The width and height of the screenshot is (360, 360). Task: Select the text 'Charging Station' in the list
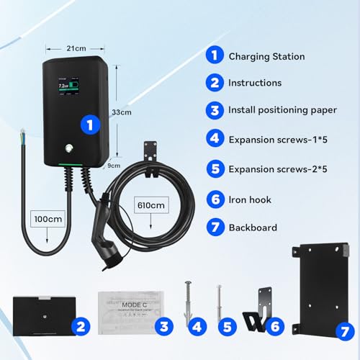tap(266, 56)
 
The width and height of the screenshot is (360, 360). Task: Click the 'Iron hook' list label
tap(250, 199)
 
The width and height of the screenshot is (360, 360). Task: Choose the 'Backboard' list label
tap(253, 228)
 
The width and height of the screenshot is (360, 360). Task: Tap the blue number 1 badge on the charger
tap(89, 125)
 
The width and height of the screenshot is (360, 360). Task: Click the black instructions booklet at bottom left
tap(41, 314)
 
